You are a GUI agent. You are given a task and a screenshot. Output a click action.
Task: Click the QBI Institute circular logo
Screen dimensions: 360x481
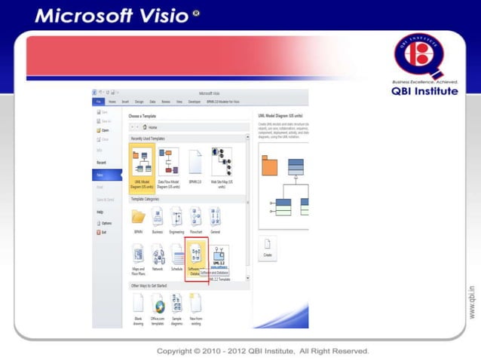point(424,55)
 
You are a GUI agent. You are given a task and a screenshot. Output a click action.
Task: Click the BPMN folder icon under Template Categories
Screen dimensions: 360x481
point(139,218)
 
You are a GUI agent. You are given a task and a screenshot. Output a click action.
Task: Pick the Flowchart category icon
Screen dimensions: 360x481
point(196,218)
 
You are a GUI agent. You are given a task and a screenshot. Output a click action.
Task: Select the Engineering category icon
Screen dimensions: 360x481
point(176,218)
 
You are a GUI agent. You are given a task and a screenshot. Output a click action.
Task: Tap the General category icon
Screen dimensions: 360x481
point(215,218)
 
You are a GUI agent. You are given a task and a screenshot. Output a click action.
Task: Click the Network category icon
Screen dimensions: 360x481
point(158,256)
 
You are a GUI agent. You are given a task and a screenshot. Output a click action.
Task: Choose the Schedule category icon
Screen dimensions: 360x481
point(177,256)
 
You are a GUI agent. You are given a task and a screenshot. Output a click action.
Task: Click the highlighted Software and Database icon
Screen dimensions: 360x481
point(195,256)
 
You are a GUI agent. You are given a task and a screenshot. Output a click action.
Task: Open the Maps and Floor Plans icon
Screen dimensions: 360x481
point(139,256)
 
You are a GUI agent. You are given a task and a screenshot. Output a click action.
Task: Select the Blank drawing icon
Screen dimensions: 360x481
point(139,303)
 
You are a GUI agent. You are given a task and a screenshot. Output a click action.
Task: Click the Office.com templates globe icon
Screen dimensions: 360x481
point(158,303)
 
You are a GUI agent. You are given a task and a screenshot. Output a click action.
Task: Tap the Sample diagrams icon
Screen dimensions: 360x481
point(176,303)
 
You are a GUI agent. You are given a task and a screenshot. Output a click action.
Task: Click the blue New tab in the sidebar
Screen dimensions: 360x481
point(102,174)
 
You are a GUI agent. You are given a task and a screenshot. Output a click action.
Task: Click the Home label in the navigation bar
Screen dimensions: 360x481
point(153,127)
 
